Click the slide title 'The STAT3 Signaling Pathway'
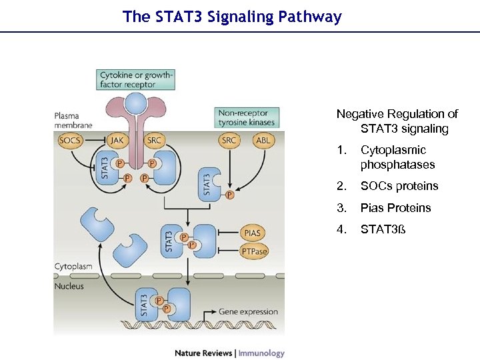(x=232, y=17)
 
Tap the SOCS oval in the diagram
(x=70, y=140)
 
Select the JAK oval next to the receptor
(x=118, y=140)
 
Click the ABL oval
(x=264, y=140)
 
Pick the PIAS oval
(x=253, y=233)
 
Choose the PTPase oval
(x=253, y=251)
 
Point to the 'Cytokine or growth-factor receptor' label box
(x=136, y=80)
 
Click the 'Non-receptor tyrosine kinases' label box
(x=246, y=117)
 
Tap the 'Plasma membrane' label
(x=73, y=120)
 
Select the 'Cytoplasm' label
(x=73, y=266)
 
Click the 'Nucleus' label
(x=69, y=285)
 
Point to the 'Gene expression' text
(x=249, y=311)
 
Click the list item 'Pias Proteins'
(x=395, y=208)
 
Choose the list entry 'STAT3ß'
(x=382, y=229)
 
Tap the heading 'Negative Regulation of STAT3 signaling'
(x=397, y=121)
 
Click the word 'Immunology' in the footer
(x=261, y=353)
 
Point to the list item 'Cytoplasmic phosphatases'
(x=397, y=157)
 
